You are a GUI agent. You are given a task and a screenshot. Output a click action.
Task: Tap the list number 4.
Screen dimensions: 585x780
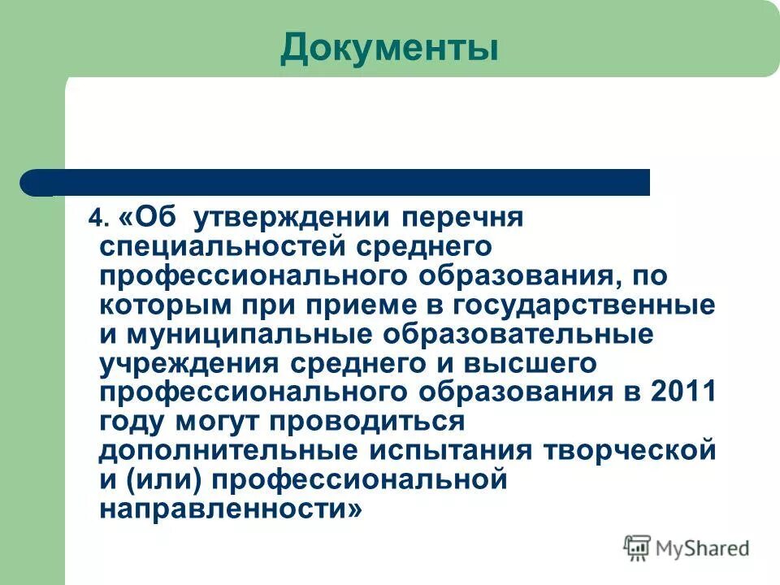tap(98, 219)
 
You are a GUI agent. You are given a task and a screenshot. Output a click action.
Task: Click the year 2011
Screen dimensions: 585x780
tap(683, 392)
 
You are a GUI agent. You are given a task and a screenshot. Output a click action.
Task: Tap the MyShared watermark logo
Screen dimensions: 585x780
tap(687, 548)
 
